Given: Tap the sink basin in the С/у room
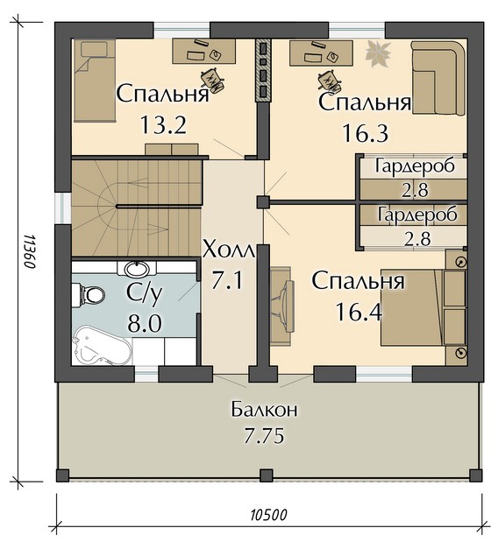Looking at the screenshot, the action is click(137, 268).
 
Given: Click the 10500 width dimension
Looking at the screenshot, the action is click(269, 515).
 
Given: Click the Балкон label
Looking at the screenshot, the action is click(265, 410).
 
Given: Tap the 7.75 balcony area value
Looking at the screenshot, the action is click(264, 435).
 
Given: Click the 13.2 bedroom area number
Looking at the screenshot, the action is click(163, 125).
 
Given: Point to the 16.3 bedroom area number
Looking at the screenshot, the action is click(365, 133).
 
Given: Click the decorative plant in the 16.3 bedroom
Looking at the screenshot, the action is click(378, 53).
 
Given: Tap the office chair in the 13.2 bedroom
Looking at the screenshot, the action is click(212, 81).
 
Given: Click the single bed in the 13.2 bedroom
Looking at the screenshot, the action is click(95, 81).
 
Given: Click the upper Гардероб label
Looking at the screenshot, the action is click(415, 166).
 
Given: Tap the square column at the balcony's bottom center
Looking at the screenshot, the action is click(266, 475).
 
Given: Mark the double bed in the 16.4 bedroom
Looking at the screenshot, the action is click(412, 307).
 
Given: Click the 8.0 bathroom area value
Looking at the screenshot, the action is click(145, 324).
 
